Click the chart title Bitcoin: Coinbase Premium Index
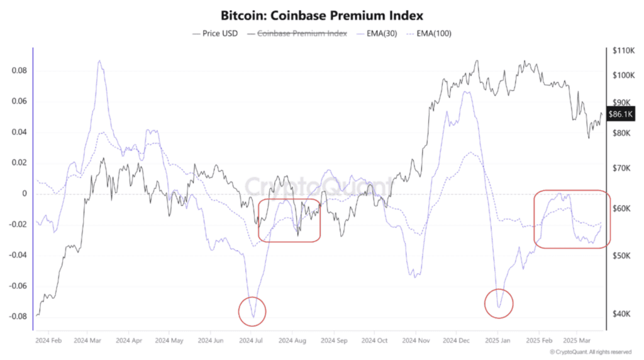point(321,14)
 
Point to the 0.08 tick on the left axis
point(20,70)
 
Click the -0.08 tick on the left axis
point(19,317)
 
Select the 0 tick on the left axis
point(26,194)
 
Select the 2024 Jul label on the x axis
point(252,340)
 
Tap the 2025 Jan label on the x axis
point(497,340)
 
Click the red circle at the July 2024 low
point(253,311)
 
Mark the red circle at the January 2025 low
point(499,303)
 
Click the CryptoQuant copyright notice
point(591,352)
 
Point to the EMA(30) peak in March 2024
point(99,61)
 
